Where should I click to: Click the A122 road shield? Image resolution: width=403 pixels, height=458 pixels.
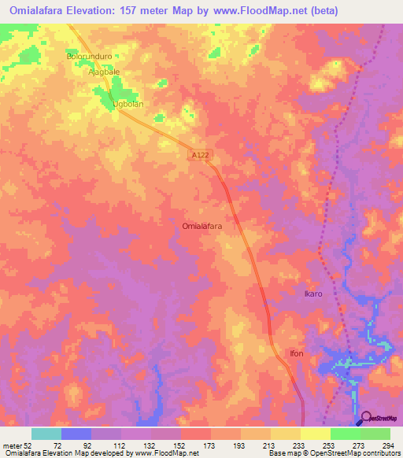(200, 157)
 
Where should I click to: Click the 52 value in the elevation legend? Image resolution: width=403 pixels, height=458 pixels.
(28, 445)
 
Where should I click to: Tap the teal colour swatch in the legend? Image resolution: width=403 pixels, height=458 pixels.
(46, 434)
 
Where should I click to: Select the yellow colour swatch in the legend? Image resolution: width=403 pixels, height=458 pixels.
(316, 434)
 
